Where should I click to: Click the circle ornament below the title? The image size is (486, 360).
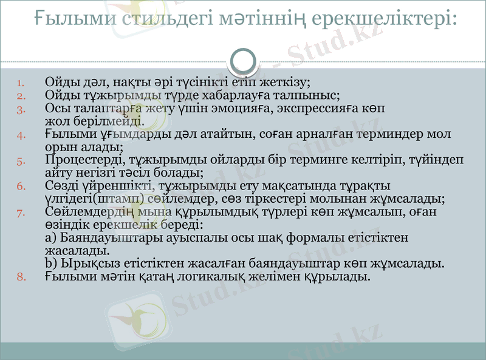click(x=244, y=61)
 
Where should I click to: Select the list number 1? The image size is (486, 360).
click(x=20, y=82)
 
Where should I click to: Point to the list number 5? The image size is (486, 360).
click(x=20, y=161)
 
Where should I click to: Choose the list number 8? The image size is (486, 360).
click(x=20, y=277)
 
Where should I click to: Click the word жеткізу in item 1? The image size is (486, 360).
click(x=285, y=81)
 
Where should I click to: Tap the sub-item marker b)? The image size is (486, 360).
click(x=51, y=263)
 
